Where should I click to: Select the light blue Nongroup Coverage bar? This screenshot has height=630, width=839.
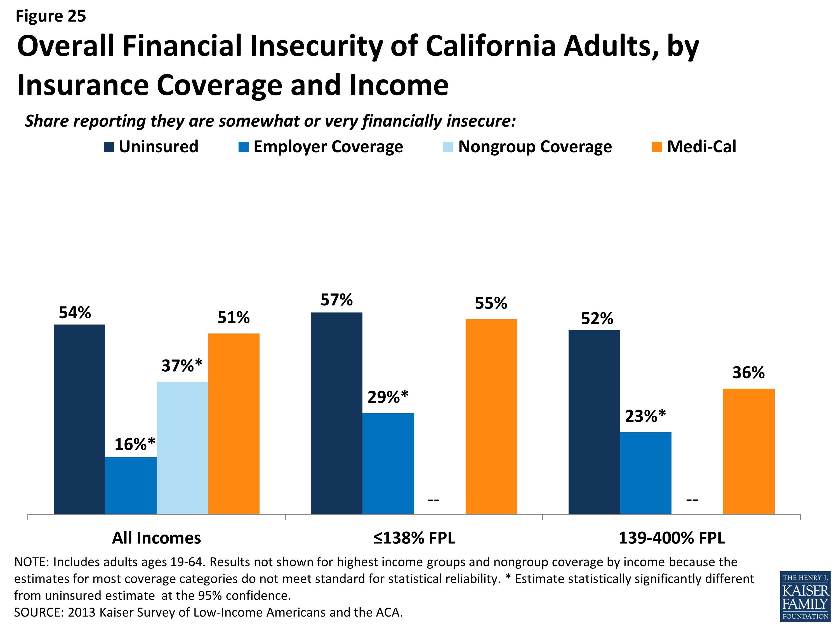click(x=182, y=448)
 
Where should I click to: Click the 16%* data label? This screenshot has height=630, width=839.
click(x=135, y=444)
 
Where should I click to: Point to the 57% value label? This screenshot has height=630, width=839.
click(x=336, y=300)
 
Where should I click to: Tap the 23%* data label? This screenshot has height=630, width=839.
click(x=645, y=416)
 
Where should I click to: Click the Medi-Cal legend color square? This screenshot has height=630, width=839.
click(x=657, y=147)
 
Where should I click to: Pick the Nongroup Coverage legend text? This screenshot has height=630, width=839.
click(x=535, y=147)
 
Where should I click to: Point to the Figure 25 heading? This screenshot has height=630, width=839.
click(x=51, y=16)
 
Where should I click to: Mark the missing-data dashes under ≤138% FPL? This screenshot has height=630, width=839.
click(x=433, y=500)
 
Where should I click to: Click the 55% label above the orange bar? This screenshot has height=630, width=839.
click(x=491, y=303)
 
